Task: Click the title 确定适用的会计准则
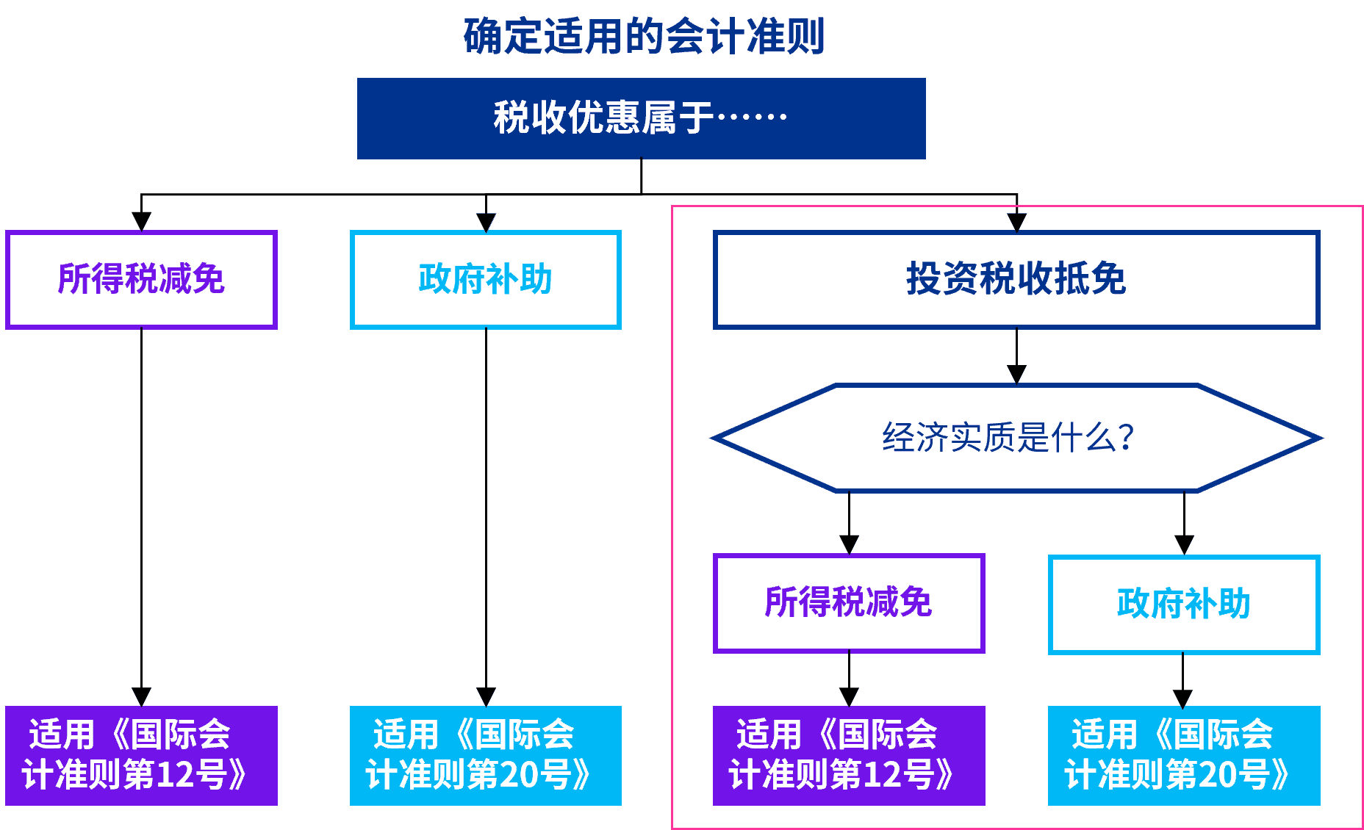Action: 644,37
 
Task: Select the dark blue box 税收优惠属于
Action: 641,118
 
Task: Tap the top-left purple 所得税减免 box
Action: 141,280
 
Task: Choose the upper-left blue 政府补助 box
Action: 486,280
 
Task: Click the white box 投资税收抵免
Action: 1016,280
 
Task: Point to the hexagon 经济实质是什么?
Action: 1016,438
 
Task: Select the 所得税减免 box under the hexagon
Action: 849,603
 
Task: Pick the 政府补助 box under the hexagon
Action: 1184,605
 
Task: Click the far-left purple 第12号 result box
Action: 141,756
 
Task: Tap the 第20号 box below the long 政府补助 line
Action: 486,756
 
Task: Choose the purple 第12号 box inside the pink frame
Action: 849,756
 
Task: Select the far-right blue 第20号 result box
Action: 1184,756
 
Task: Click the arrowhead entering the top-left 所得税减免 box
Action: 141,221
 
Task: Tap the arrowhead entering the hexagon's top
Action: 1016,375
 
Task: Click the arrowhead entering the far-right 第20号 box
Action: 1182,697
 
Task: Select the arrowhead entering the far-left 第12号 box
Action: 141,696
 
